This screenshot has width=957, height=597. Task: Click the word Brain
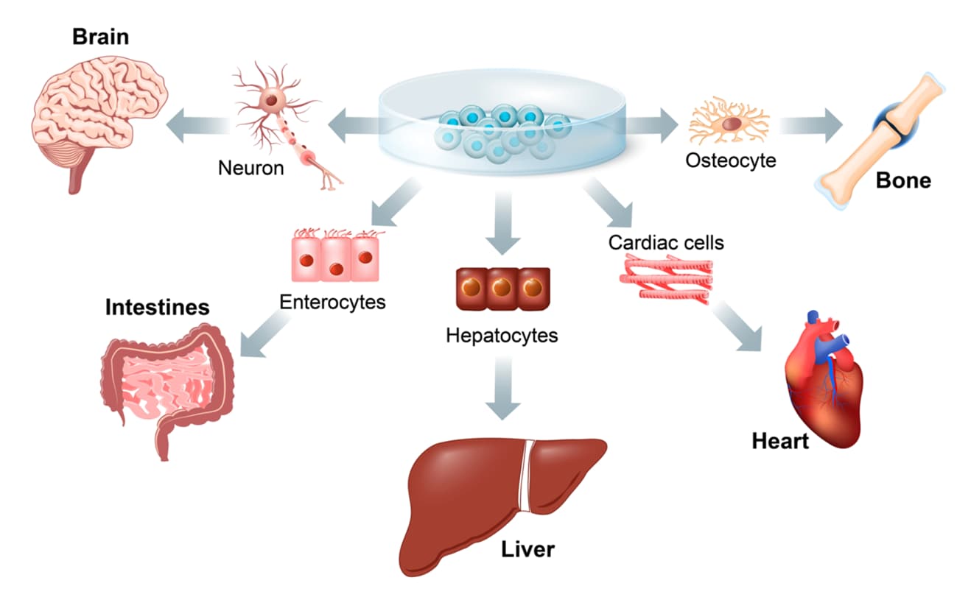pyautogui.click(x=100, y=37)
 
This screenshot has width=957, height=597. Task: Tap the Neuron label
pyautogui.click(x=250, y=168)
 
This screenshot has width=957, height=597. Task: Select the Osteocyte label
pyautogui.click(x=731, y=159)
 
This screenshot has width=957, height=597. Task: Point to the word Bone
pyautogui.click(x=903, y=180)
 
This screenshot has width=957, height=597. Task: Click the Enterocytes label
pyautogui.click(x=332, y=302)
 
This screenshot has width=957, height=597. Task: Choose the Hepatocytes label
pyautogui.click(x=502, y=336)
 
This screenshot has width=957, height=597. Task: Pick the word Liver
pyautogui.click(x=527, y=548)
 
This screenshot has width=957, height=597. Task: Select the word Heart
pyautogui.click(x=780, y=442)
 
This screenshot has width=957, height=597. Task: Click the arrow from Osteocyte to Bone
pyautogui.click(x=810, y=122)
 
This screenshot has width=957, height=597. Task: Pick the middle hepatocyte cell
pyautogui.click(x=502, y=288)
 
